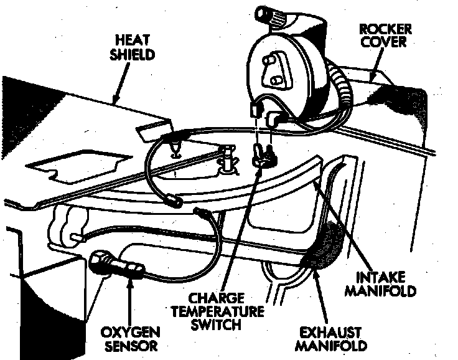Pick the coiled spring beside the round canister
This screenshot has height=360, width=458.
[343, 85]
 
